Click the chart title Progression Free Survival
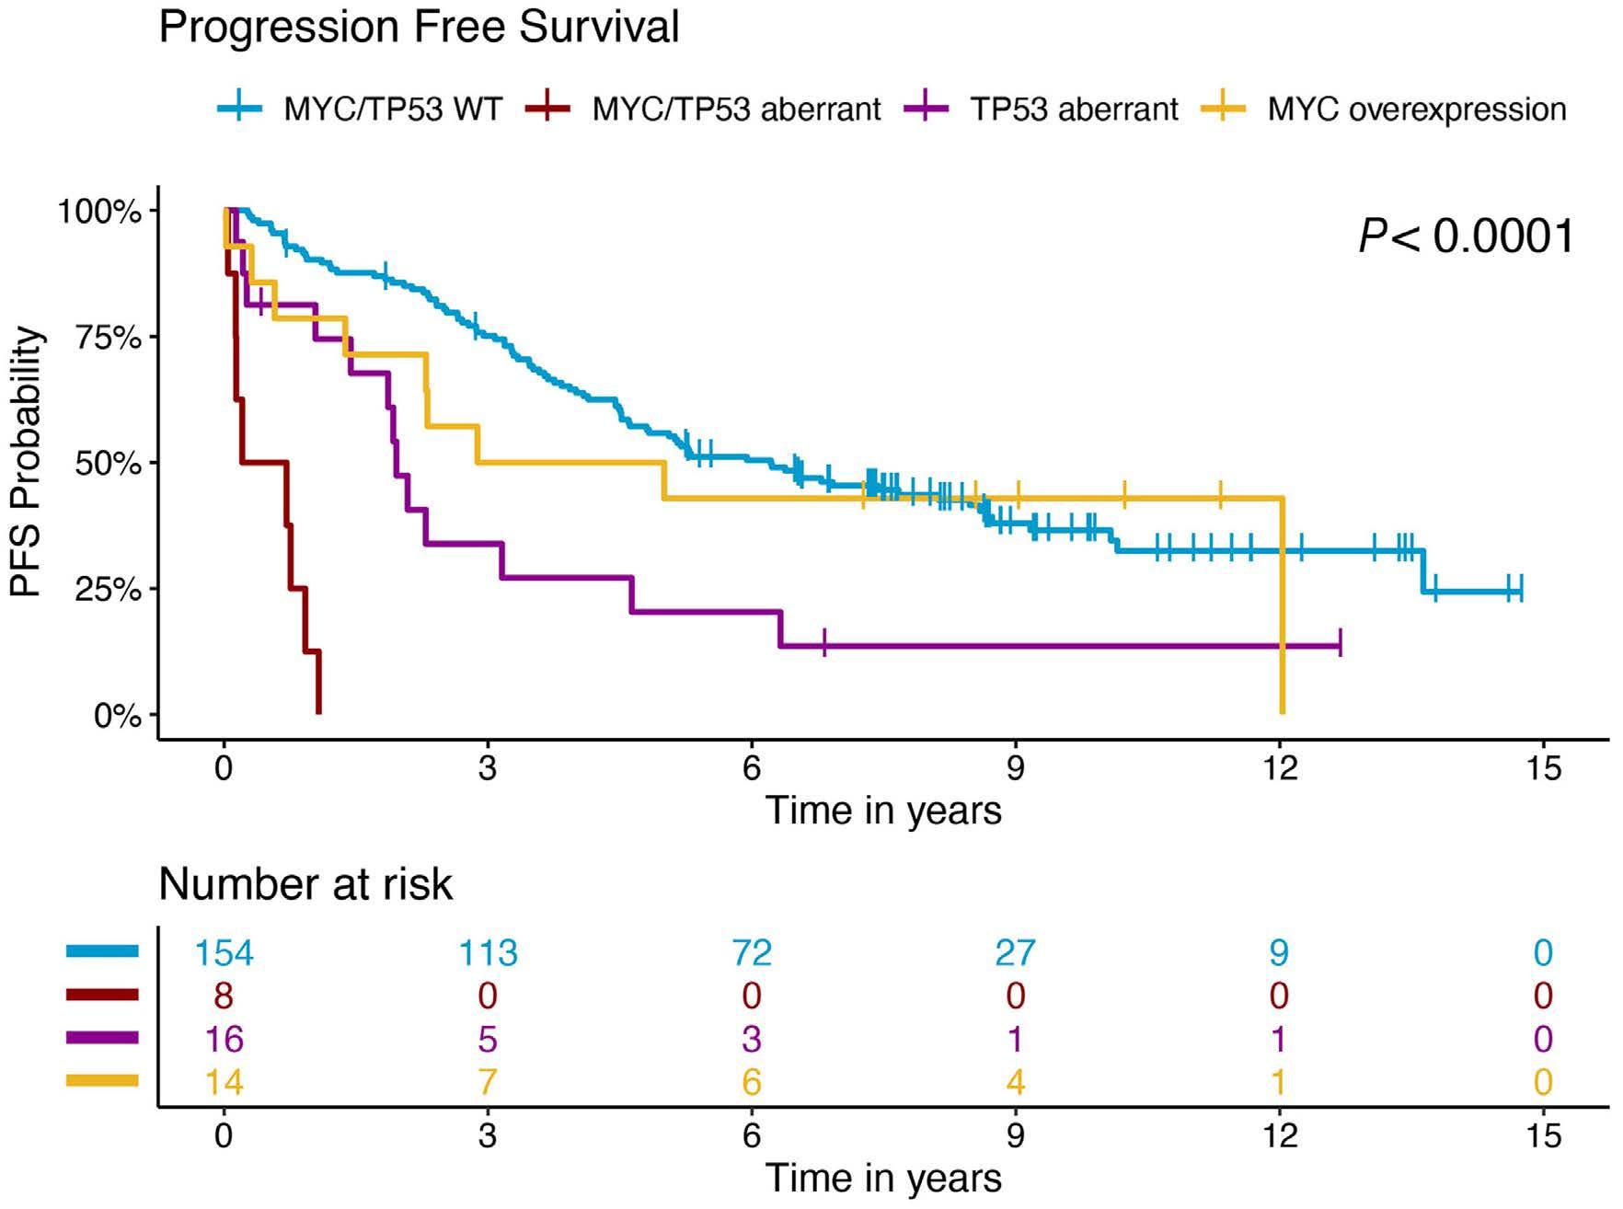(x=419, y=27)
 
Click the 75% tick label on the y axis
(x=109, y=338)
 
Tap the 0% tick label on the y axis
(x=118, y=715)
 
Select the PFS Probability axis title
(x=28, y=462)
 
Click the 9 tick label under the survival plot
(x=1015, y=766)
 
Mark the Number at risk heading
(x=305, y=884)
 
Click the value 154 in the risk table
(x=224, y=952)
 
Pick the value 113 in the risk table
(x=488, y=952)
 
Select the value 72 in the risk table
(x=751, y=952)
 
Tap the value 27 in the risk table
(x=1015, y=952)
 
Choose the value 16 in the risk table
(x=224, y=1039)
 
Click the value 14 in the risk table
(x=224, y=1082)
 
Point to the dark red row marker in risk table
(x=102, y=995)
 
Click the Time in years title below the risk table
(x=883, y=1179)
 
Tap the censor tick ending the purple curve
(x=1340, y=642)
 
